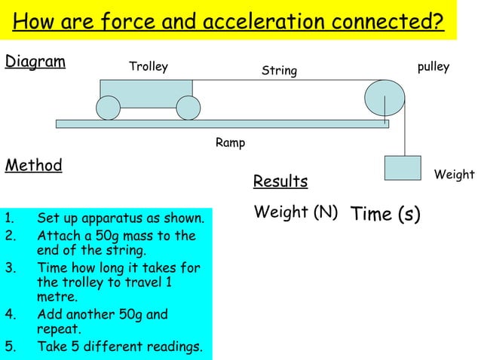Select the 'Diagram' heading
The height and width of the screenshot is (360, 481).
click(35, 61)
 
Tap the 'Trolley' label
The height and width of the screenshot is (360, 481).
click(149, 67)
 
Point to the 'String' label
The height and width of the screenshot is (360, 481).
click(279, 71)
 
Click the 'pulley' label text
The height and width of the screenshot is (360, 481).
click(433, 67)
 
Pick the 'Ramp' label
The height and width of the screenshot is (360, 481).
click(230, 142)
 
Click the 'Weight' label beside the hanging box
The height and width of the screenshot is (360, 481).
click(455, 175)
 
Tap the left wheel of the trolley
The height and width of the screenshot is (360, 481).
click(108, 108)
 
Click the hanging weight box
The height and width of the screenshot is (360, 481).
click(402, 167)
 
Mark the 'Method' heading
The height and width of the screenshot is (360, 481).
click(33, 165)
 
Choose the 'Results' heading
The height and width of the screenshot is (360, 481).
click(280, 182)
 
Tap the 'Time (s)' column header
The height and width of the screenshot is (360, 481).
click(385, 214)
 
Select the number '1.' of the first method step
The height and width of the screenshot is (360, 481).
click(10, 219)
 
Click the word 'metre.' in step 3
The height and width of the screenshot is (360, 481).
click(57, 297)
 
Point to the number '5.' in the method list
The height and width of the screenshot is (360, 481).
click(10, 347)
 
